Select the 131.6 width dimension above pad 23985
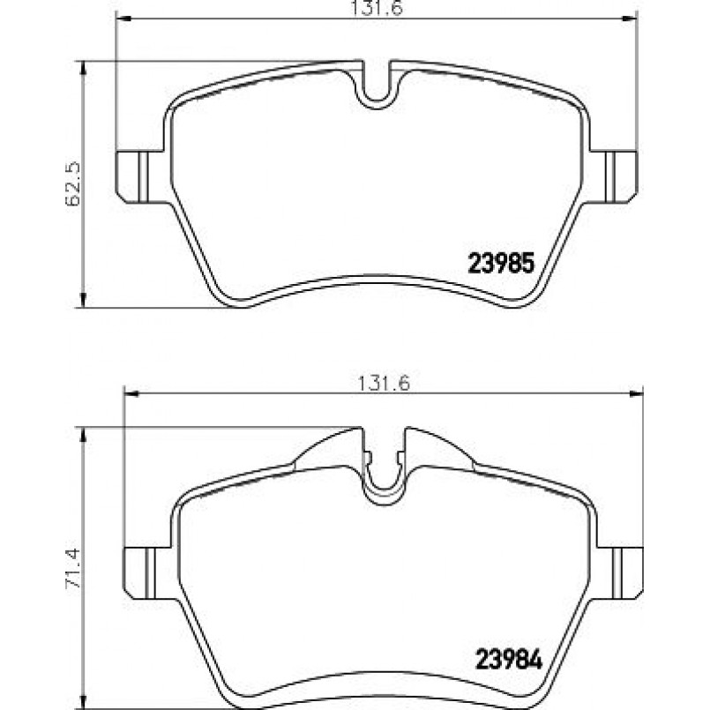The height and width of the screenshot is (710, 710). click(375, 8)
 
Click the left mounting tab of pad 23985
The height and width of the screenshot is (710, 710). click(132, 175)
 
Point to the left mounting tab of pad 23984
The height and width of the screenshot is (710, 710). click(138, 572)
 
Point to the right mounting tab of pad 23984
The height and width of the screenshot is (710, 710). click(627, 572)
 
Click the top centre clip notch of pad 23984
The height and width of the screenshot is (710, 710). click(384, 476)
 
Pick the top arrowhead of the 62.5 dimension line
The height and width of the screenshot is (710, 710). click(83, 66)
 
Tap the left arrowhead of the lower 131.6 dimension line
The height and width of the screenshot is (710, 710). click(129, 393)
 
